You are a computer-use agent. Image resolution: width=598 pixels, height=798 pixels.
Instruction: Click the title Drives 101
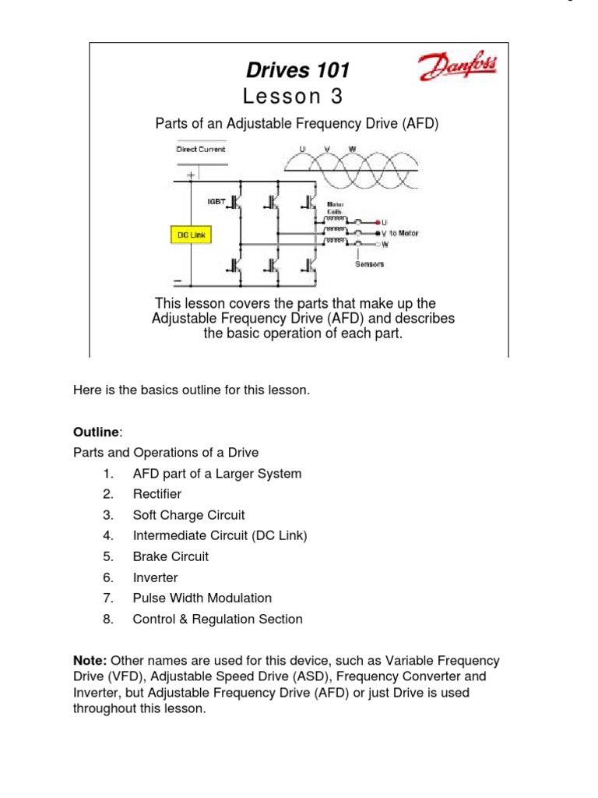pyautogui.click(x=297, y=71)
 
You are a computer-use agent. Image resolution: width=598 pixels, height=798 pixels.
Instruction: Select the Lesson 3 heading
pyautogui.click(x=292, y=97)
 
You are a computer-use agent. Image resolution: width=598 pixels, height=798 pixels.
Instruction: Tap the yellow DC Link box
pyautogui.click(x=191, y=234)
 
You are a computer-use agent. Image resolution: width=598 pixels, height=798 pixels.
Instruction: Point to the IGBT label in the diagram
pyautogui.click(x=216, y=201)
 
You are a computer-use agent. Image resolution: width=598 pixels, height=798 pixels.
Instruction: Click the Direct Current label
pyautogui.click(x=200, y=149)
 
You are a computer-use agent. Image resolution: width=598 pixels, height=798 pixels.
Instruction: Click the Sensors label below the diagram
pyautogui.click(x=369, y=264)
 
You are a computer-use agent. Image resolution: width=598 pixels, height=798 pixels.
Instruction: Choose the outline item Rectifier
pyautogui.click(x=157, y=494)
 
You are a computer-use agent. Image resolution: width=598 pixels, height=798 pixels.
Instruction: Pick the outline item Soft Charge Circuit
pyautogui.click(x=188, y=515)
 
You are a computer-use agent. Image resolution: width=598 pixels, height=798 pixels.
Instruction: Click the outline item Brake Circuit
pyautogui.click(x=171, y=556)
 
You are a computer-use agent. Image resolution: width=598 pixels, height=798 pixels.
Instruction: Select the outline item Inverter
pyautogui.click(x=155, y=577)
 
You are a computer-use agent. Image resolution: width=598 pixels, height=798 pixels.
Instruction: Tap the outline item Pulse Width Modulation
pyautogui.click(x=202, y=598)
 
